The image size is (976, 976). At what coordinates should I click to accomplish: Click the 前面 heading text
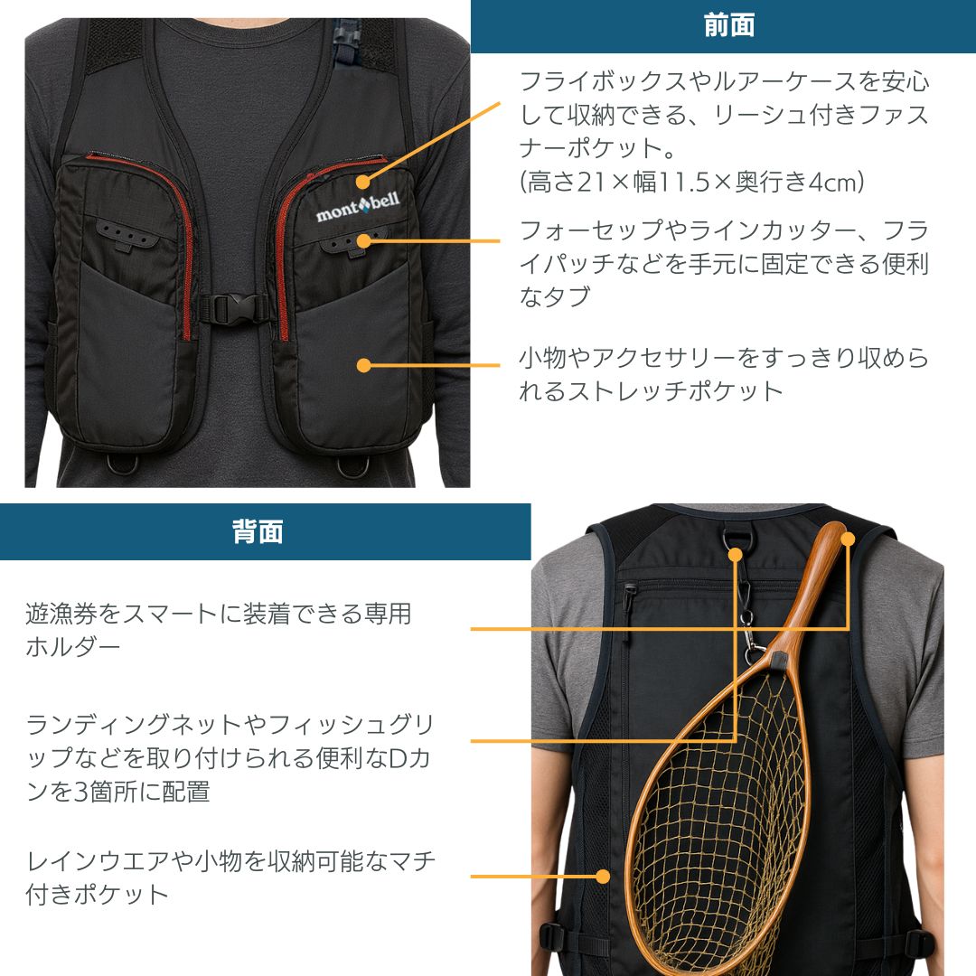tap(729, 25)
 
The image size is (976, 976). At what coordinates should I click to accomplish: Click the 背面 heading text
tap(258, 532)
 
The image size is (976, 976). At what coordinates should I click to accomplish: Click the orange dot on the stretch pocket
tap(363, 366)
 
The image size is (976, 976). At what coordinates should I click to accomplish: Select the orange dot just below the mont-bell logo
tap(363, 240)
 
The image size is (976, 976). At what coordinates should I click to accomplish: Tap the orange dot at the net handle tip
tap(848, 540)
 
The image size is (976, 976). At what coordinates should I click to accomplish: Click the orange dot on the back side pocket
tap(603, 876)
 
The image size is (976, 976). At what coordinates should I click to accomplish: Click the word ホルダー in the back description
tap(73, 647)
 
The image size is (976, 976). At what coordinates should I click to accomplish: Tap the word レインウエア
tap(99, 861)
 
